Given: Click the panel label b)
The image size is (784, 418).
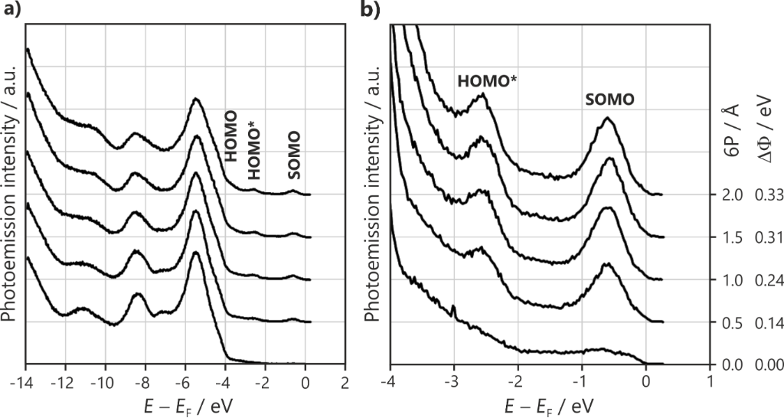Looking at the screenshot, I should [371, 11].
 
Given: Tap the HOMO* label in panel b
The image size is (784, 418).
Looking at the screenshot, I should [486, 80].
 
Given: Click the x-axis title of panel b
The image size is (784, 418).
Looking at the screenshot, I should [550, 403].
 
